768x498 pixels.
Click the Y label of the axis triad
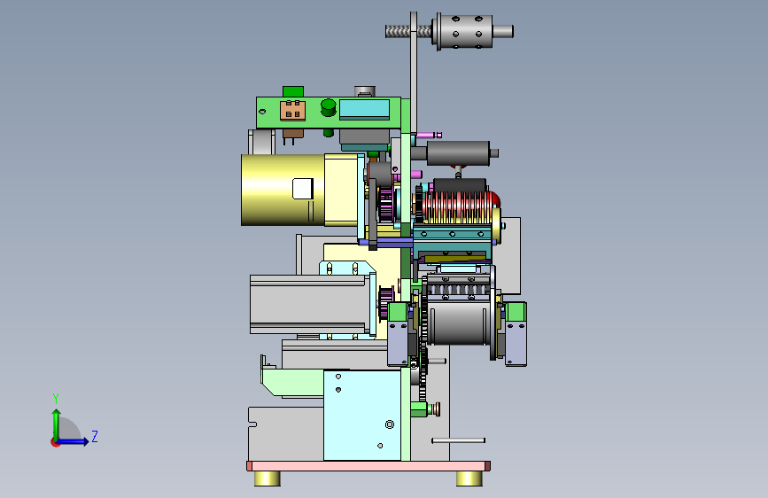pyautogui.click(x=56, y=399)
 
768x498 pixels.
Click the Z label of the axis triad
pyautogui.click(x=95, y=436)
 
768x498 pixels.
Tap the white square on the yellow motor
pyautogui.click(x=303, y=188)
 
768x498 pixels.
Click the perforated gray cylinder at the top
pyautogui.click(x=462, y=32)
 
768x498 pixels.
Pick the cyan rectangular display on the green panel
pyautogui.click(x=364, y=109)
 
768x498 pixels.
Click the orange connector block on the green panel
pyautogui.click(x=293, y=110)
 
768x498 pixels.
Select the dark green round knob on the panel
pyautogui.click(x=328, y=107)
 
